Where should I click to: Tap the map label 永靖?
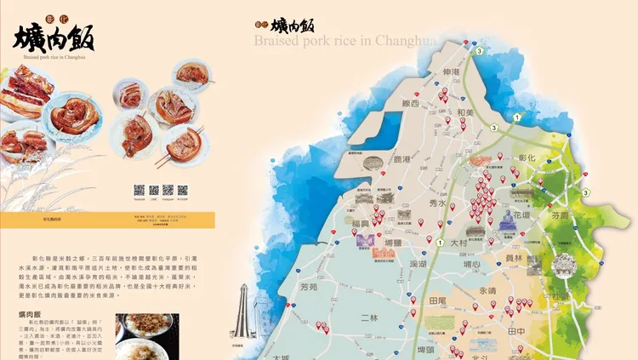coord(487,290)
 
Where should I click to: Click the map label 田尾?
coord(438,301)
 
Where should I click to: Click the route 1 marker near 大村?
coord(439,243)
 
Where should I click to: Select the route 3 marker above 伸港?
coord(480,51)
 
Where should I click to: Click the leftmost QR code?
coord(140,189)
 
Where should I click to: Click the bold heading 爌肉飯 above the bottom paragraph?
coord(31,315)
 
